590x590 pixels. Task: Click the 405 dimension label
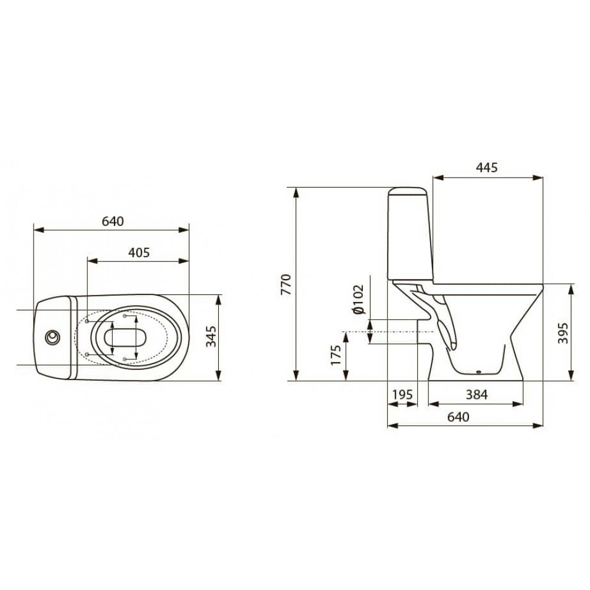pyautogui.click(x=139, y=253)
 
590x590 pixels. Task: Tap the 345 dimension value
pyautogui.click(x=211, y=336)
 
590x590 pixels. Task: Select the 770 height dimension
pyautogui.click(x=286, y=285)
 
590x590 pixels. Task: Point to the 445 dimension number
pyautogui.click(x=487, y=168)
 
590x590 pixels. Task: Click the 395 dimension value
pyautogui.click(x=562, y=333)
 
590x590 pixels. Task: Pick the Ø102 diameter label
pyautogui.click(x=359, y=300)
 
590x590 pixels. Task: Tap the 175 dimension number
pyautogui.click(x=336, y=355)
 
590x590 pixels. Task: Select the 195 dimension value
pyautogui.click(x=402, y=395)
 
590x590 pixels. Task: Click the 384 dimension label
pyautogui.click(x=476, y=394)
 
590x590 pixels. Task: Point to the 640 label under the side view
pyautogui.click(x=458, y=417)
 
